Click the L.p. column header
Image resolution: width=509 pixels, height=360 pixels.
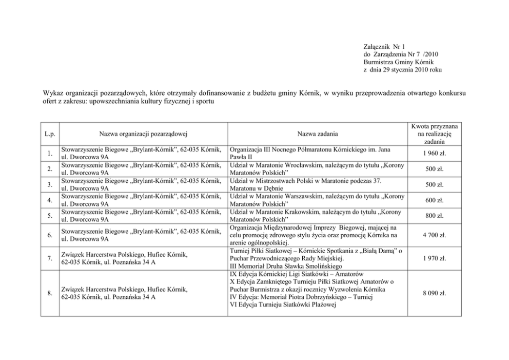click(x=50, y=134)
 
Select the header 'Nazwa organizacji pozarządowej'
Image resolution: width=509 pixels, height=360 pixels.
click(x=142, y=134)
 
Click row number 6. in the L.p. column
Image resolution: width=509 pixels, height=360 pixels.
click(x=50, y=235)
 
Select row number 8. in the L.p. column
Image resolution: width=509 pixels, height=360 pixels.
click(x=50, y=293)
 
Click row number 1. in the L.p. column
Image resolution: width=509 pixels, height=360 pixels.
click(x=50, y=153)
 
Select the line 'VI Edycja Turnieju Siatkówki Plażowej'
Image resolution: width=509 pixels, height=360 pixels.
click(x=282, y=305)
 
